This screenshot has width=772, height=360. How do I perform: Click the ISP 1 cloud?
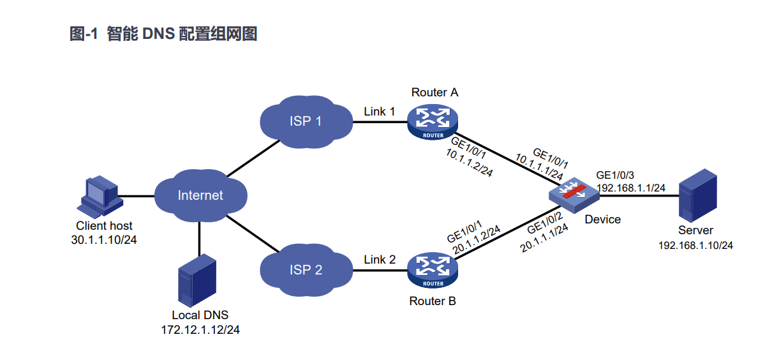click(x=306, y=121)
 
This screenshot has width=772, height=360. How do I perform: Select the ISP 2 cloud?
click(x=306, y=269)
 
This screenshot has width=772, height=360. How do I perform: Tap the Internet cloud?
click(x=200, y=195)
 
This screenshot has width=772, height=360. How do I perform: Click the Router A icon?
click(x=433, y=121)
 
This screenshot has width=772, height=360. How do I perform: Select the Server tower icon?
click(x=695, y=195)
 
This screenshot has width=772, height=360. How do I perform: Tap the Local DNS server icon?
click(x=195, y=281)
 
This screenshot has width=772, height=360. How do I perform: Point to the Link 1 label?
click(x=379, y=112)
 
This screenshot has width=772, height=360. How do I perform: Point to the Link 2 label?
click(x=380, y=260)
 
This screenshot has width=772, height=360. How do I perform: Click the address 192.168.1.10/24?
click(x=695, y=244)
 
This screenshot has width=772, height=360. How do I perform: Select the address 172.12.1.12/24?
click(x=200, y=329)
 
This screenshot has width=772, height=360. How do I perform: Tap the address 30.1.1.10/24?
click(x=105, y=239)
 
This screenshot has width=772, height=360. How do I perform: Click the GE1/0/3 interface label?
click(x=616, y=175)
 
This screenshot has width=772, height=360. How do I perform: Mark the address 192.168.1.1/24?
click(x=631, y=188)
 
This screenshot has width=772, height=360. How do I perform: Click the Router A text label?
click(x=434, y=93)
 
